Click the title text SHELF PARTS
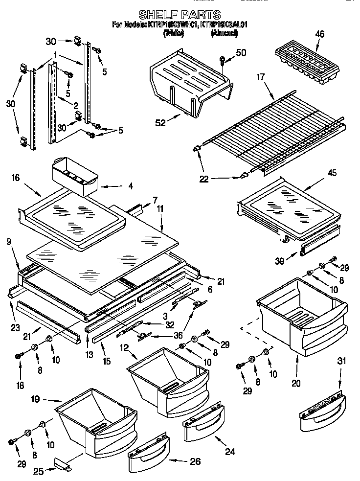tap(180, 15)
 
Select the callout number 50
tap(241, 53)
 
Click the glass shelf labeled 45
tap(289, 206)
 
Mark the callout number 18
tap(20, 386)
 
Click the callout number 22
tap(204, 180)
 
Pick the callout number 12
tap(124, 347)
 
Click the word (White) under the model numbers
tap(174, 33)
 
